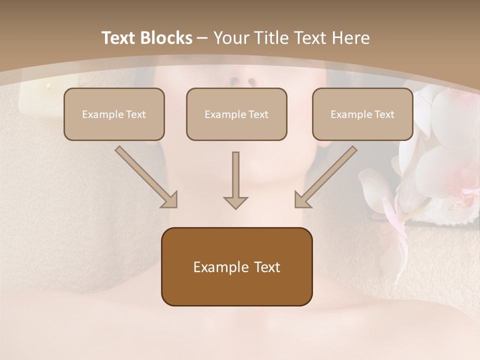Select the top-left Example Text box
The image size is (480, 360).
coord(114,114)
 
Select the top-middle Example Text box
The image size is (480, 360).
coord(236,114)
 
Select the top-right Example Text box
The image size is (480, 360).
coord(362,114)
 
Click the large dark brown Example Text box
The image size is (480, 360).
coord(236,266)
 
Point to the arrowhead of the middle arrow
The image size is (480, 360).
coord(235,202)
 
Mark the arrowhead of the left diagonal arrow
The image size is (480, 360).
coord(170,200)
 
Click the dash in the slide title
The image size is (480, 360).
coord(202,38)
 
